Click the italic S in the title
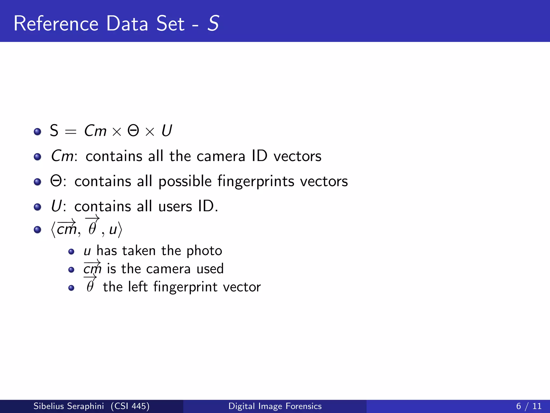coord(213,24)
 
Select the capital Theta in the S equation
coord(133,131)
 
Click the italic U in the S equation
coord(167,131)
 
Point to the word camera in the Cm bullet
coord(221,156)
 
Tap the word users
coord(175,206)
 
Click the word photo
coord(204,251)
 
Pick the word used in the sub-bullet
coord(210,269)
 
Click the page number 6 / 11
coord(529,406)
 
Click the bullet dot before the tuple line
coord(37,230)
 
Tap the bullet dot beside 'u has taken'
coord(71,252)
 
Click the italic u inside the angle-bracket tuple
coord(113,230)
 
